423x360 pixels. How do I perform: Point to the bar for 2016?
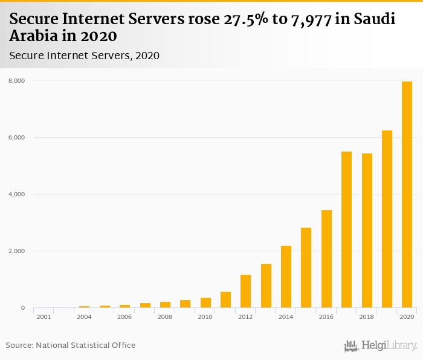pyautogui.click(x=326, y=259)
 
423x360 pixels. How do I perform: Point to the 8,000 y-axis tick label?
pyautogui.click(x=16, y=80)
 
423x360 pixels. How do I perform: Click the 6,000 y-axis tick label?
pyautogui.click(x=16, y=137)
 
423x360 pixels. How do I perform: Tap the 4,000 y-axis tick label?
pyautogui.click(x=16, y=194)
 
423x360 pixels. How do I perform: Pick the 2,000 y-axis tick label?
pyautogui.click(x=16, y=251)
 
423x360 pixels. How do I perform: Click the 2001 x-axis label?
pyautogui.click(x=44, y=317)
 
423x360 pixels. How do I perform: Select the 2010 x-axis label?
pyautogui.click(x=205, y=317)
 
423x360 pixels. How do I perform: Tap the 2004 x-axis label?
pyautogui.click(x=84, y=317)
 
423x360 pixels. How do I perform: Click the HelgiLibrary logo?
pyautogui.click(x=381, y=346)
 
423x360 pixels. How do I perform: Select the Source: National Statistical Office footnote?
pyautogui.click(x=71, y=345)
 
